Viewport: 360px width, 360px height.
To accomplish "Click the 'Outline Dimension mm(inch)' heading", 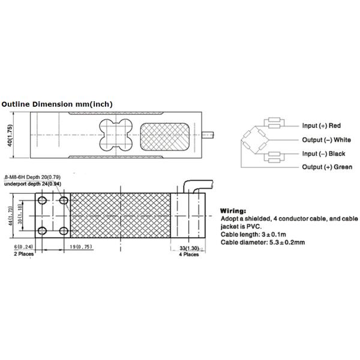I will tap(57, 104).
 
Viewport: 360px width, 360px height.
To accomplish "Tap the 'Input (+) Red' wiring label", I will tap(321, 126).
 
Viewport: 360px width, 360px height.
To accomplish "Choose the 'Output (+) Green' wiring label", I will tap(326, 167).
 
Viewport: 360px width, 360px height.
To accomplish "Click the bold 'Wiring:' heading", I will tap(233, 212).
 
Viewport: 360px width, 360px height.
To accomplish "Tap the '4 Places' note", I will tap(189, 254).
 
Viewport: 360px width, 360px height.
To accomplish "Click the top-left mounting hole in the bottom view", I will tap(43, 200).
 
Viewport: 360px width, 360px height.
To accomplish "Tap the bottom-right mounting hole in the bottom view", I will tap(63, 230).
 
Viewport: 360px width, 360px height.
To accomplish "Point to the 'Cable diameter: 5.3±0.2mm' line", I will tap(262, 242).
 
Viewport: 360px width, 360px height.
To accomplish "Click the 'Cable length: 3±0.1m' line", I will tap(255, 235).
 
